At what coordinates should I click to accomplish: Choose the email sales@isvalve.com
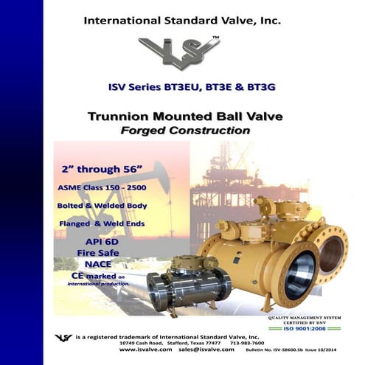pyautogui.click(x=197, y=350)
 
